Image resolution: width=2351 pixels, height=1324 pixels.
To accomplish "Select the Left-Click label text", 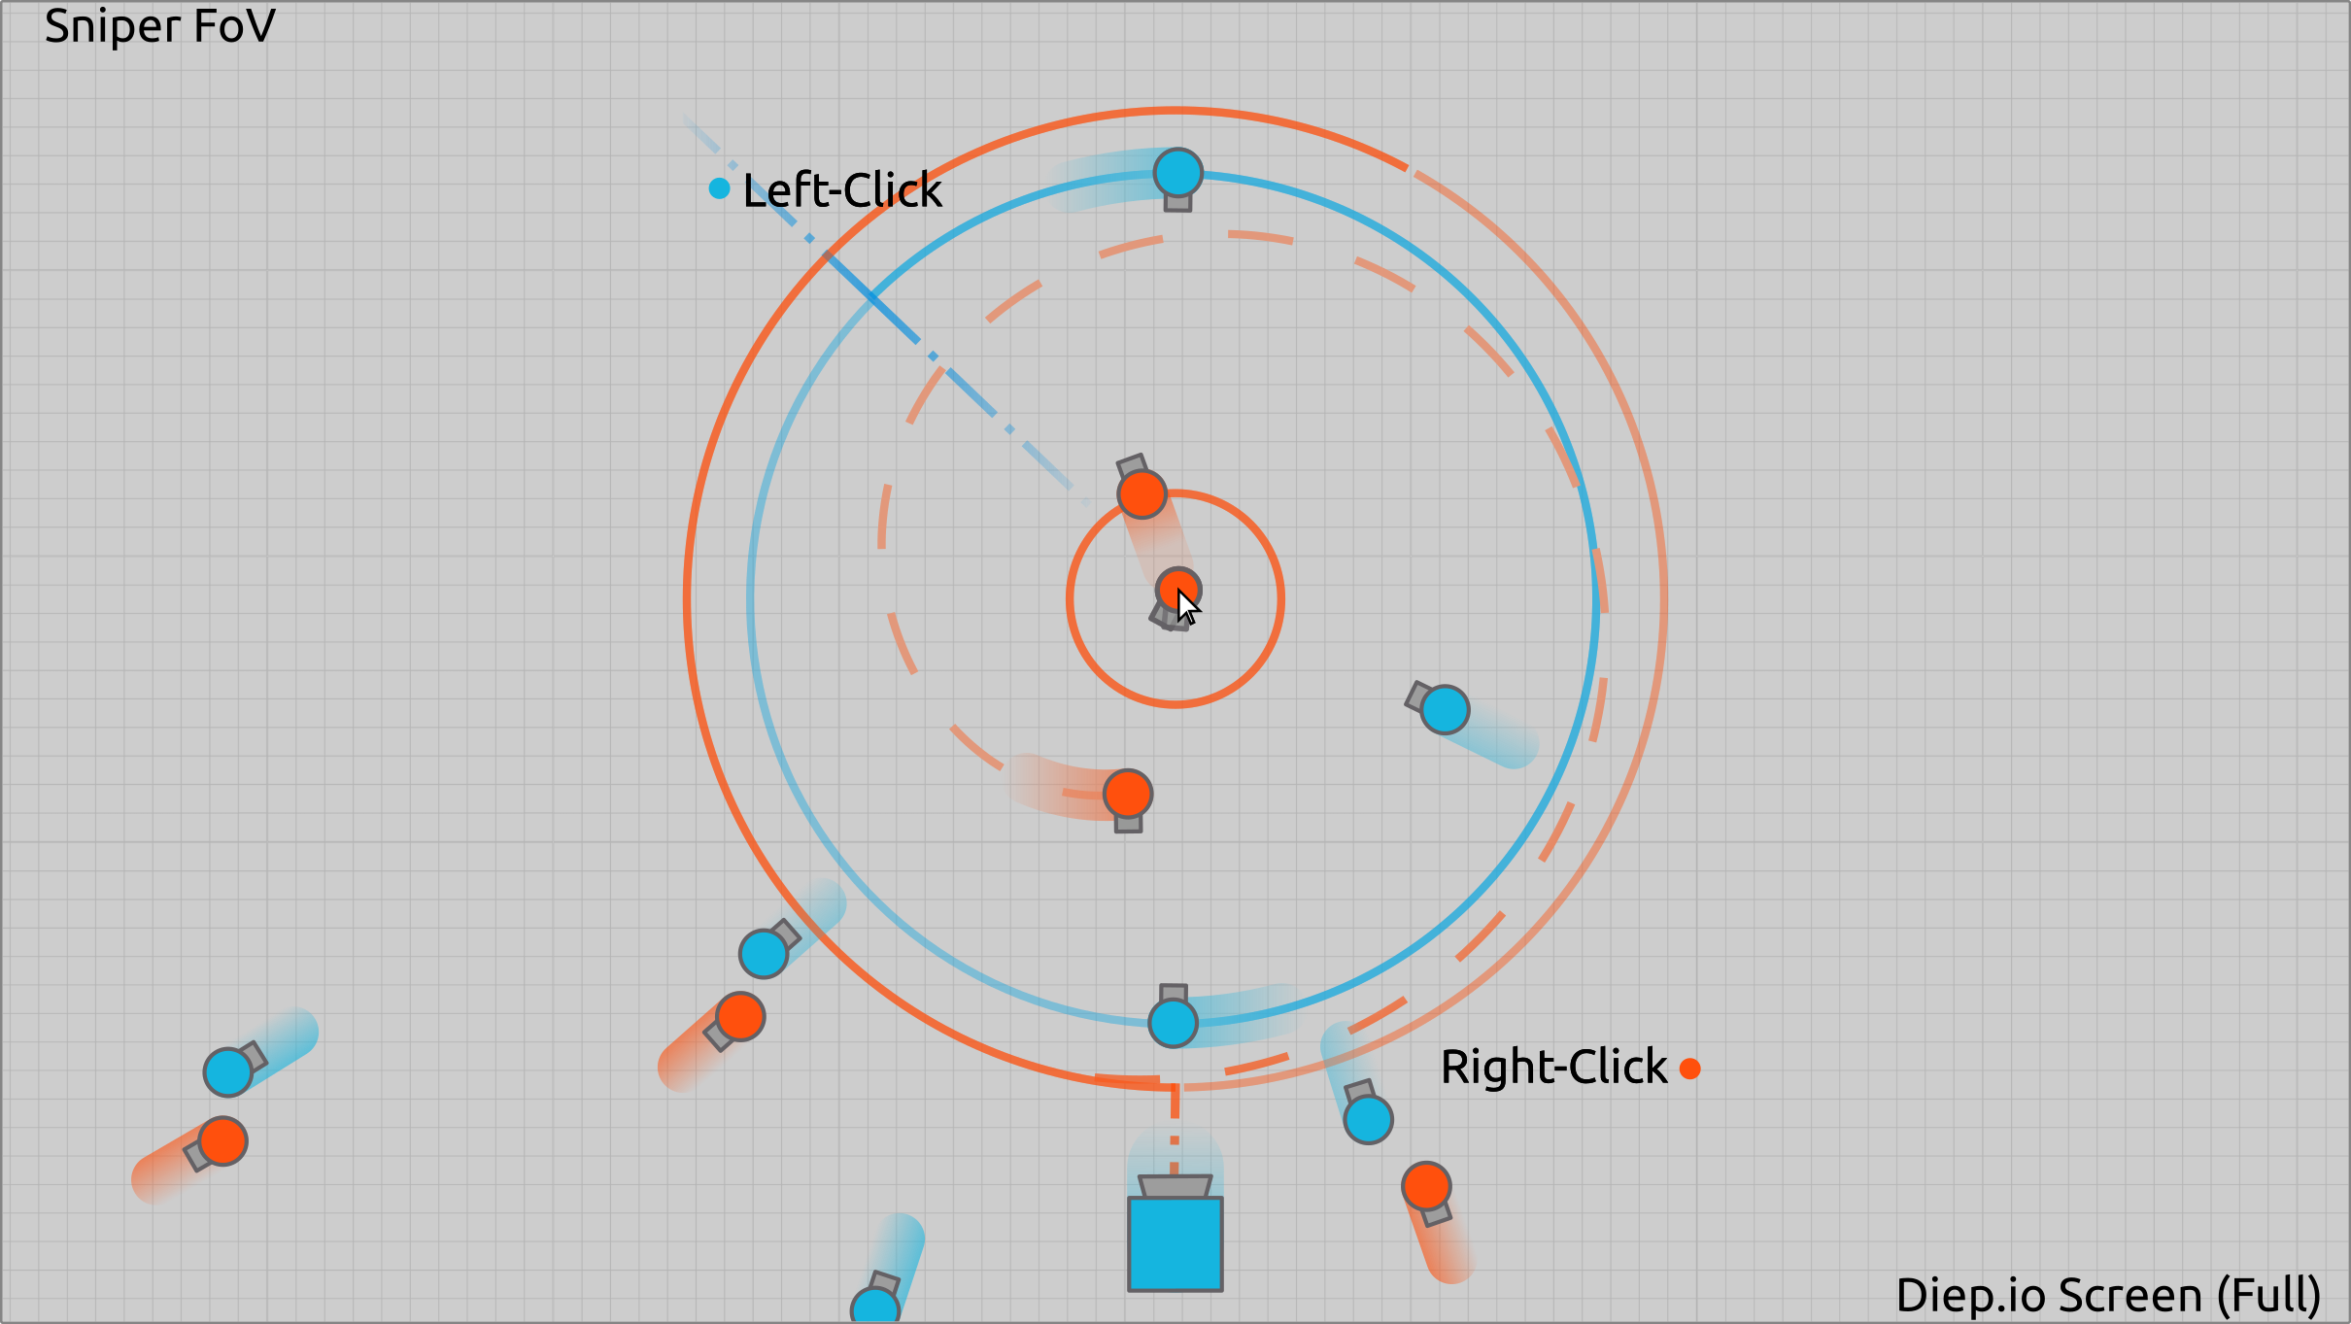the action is point(841,190).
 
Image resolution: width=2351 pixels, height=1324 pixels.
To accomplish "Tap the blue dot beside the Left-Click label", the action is point(719,188).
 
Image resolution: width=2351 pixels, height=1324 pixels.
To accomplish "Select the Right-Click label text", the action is point(1553,1068).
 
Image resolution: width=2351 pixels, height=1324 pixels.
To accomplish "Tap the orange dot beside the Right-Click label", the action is point(1690,1069).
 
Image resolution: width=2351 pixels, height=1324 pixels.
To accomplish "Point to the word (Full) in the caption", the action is point(2269,1296).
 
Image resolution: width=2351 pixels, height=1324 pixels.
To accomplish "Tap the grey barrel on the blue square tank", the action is point(1175,1186).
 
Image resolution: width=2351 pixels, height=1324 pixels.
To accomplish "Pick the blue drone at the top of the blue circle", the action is point(1177,174).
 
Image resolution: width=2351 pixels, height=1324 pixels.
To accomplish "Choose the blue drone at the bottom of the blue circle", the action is point(1173,1022).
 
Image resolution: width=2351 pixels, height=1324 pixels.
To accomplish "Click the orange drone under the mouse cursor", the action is point(1176,588).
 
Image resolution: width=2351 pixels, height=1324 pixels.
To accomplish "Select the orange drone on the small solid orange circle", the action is point(1141,494).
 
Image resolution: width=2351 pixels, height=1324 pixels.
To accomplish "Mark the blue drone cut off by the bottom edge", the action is point(875,1307).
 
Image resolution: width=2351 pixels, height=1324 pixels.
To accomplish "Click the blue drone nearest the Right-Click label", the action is point(1368,1119).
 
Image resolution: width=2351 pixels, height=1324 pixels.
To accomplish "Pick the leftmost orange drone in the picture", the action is point(222,1141).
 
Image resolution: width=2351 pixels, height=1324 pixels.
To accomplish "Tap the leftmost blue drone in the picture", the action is point(228,1072).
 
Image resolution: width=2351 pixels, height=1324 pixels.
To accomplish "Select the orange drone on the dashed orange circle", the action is point(1127,795).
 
